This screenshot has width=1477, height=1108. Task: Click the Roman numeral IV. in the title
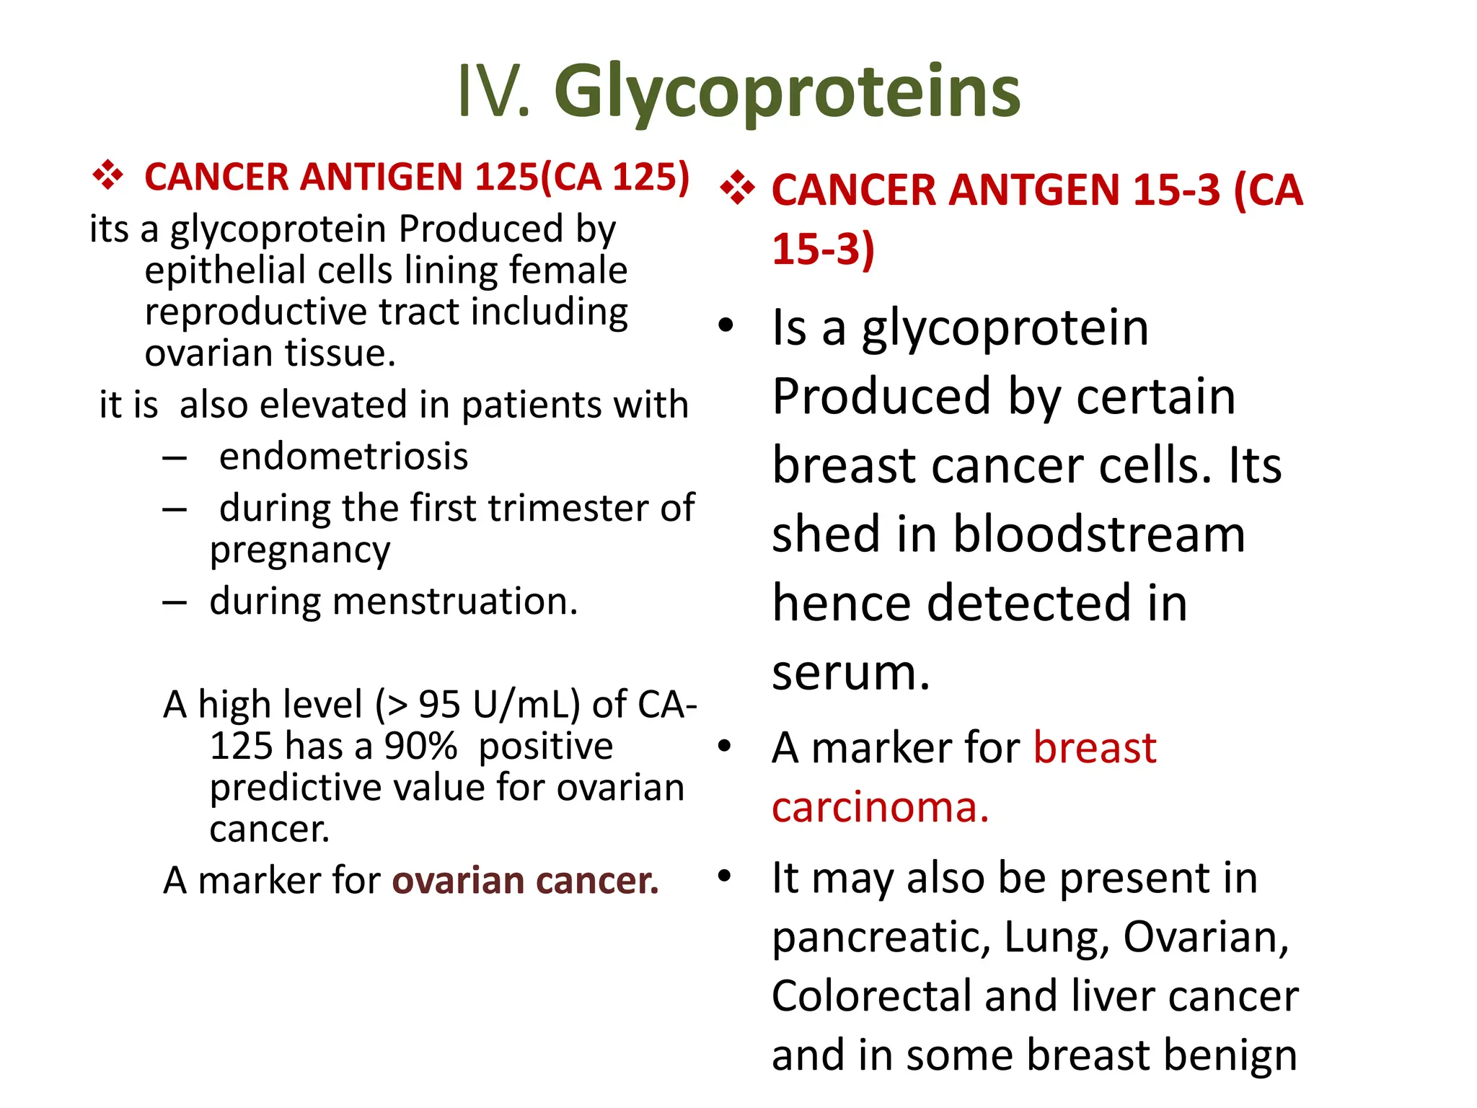[494, 92]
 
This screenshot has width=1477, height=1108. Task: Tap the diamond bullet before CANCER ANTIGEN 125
[107, 176]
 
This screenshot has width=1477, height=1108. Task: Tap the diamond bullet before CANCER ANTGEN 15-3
[737, 190]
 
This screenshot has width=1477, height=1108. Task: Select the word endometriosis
[343, 457]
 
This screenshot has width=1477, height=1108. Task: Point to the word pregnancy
[300, 550]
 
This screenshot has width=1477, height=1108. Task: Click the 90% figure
[420, 746]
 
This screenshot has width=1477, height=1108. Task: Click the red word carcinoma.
[879, 807]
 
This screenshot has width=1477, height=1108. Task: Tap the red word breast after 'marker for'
[1094, 747]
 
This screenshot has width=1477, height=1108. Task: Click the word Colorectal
[872, 997]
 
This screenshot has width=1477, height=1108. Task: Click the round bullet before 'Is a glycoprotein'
[726, 325]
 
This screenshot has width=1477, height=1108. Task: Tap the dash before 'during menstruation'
[175, 602]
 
